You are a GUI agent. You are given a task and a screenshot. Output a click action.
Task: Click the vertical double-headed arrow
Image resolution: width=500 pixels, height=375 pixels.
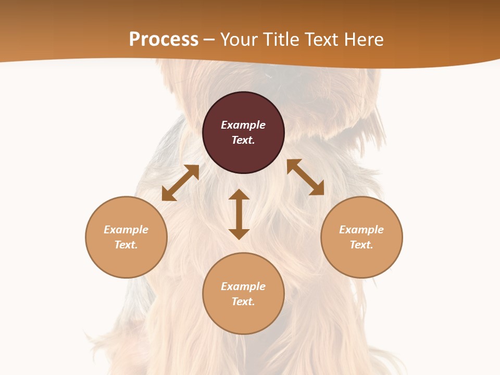click(x=239, y=214)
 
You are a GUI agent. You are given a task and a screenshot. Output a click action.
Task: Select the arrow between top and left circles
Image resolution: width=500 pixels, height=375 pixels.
click(x=181, y=183)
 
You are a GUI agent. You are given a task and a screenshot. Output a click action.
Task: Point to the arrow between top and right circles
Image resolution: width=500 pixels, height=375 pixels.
click(x=305, y=177)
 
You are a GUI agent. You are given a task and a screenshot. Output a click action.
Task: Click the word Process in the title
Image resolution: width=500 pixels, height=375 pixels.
click(x=164, y=40)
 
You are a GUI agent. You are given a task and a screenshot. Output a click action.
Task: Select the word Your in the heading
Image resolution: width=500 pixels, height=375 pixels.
click(x=240, y=40)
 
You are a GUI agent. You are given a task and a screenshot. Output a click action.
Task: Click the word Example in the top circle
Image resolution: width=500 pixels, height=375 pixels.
click(x=243, y=125)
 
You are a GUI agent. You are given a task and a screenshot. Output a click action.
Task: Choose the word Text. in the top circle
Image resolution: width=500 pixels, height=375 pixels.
click(x=243, y=140)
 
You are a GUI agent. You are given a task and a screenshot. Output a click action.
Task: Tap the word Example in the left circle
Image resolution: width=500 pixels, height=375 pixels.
click(x=126, y=230)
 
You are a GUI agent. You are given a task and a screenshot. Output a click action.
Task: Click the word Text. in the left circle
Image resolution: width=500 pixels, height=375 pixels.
click(x=126, y=245)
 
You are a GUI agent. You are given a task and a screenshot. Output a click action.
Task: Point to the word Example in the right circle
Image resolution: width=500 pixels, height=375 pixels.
click(x=361, y=230)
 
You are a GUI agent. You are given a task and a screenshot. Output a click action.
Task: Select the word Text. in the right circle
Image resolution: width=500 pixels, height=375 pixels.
click(x=361, y=245)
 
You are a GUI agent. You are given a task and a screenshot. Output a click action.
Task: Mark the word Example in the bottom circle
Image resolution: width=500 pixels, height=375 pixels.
click(x=243, y=286)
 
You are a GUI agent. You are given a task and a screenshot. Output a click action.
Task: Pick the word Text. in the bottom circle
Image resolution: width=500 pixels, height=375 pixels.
click(x=243, y=302)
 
